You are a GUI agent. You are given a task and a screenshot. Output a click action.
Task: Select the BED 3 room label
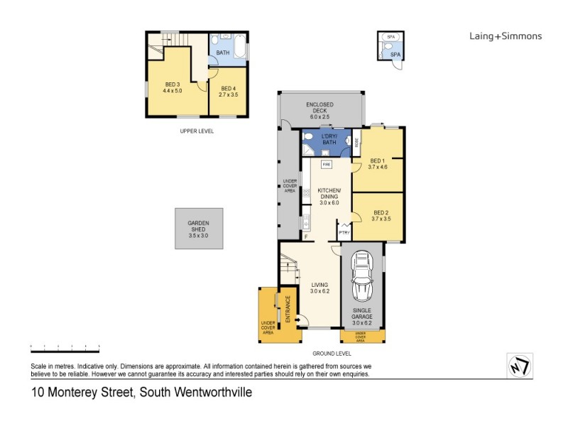[173, 86]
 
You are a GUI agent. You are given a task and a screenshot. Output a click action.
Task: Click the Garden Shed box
[199, 229]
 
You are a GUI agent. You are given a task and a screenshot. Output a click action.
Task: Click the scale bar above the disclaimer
[65, 347]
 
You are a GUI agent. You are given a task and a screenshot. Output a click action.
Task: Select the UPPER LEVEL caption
[197, 131]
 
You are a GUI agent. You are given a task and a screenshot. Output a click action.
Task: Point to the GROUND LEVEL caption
[332, 353]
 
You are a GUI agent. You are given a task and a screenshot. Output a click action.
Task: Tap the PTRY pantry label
[344, 232]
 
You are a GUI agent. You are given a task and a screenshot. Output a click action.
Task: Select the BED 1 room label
[377, 160]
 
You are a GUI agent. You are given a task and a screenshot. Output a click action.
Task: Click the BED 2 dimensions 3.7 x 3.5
[381, 219]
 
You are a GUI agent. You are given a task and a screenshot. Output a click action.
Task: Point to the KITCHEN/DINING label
[329, 193]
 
